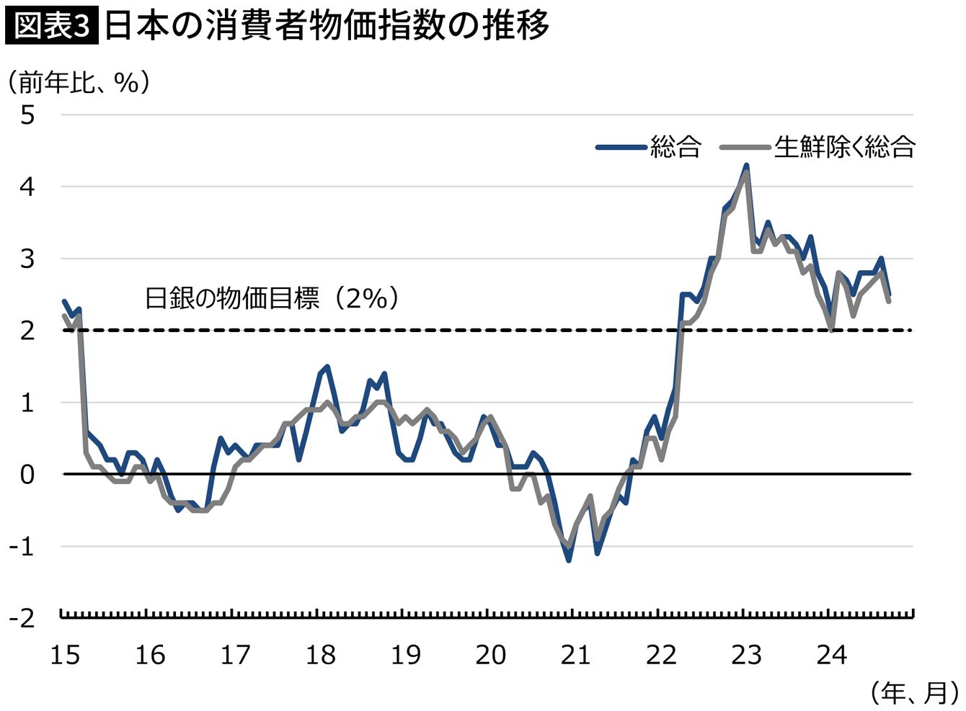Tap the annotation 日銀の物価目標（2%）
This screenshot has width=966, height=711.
(x=272, y=298)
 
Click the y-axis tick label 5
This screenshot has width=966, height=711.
(x=27, y=115)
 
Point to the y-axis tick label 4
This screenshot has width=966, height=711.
(x=27, y=187)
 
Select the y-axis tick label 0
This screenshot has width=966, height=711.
(x=27, y=474)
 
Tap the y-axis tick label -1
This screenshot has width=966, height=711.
(x=22, y=546)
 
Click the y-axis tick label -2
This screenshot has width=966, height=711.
(x=22, y=618)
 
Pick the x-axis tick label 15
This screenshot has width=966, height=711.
(x=65, y=655)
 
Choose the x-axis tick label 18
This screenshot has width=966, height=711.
(x=320, y=655)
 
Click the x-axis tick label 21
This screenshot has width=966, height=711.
(x=575, y=655)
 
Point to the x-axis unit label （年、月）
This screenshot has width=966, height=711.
(x=913, y=693)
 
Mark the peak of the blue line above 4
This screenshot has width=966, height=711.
(x=746, y=166)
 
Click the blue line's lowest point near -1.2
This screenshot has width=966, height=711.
(x=569, y=560)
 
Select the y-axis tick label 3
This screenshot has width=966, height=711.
(x=27, y=259)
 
